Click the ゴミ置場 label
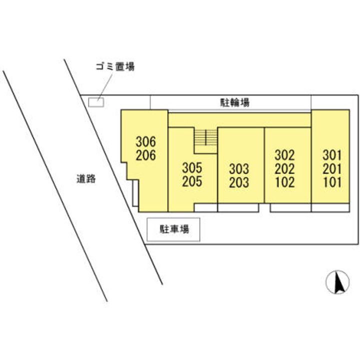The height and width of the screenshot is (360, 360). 115,66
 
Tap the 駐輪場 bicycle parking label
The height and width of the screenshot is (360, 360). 235,103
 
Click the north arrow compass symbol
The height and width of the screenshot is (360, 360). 337,282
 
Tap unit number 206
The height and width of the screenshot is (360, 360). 145,155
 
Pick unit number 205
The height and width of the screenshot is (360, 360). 192,181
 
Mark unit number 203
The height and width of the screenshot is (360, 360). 239,182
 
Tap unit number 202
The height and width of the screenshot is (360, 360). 284,168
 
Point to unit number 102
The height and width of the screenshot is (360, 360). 284,182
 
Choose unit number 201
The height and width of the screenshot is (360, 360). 332,168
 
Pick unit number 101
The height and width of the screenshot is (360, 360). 332,182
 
